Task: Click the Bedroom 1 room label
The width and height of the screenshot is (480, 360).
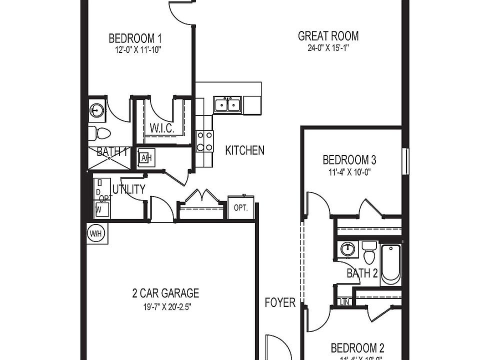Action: coord(135,38)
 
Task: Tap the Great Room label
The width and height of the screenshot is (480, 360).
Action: coord(328,36)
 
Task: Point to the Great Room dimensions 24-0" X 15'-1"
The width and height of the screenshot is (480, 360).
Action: coord(328,48)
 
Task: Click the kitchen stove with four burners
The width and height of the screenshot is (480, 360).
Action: coord(204,140)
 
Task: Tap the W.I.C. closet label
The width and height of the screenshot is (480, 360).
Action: coord(161,128)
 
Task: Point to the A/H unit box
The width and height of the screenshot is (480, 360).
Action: coord(146,158)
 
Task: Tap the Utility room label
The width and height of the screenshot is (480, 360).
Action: coord(129,189)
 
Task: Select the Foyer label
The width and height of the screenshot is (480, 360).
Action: coord(279,302)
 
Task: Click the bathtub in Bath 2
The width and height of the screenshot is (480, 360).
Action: coord(390,263)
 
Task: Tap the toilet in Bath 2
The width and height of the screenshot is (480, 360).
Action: coord(369,252)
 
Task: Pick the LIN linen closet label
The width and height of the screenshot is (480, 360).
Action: coord(344,301)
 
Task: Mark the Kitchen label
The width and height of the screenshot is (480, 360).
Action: coord(244,150)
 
